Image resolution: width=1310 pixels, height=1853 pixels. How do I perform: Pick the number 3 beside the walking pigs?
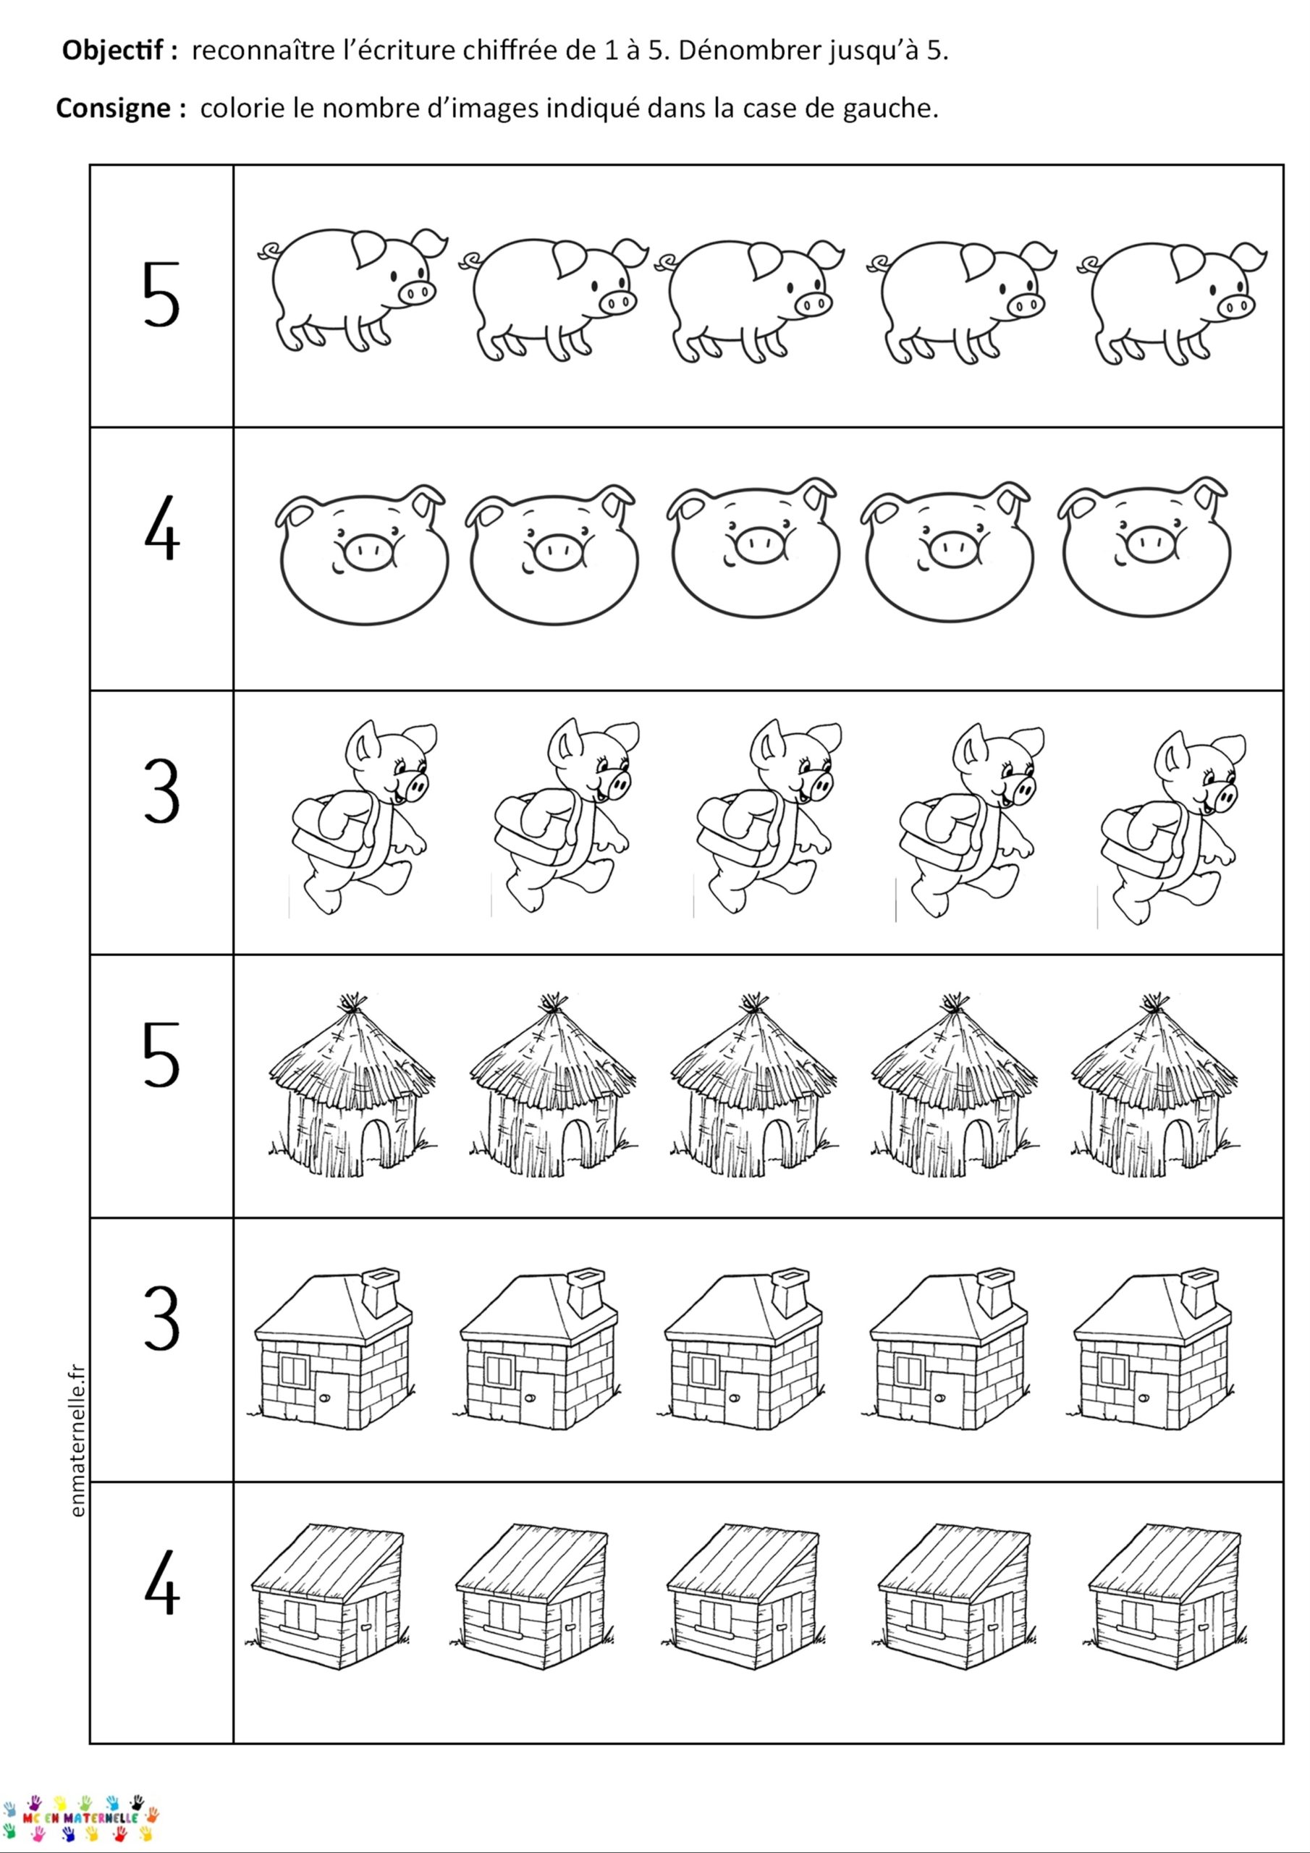(x=161, y=791)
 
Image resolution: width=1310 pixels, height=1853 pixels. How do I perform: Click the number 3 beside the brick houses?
(x=161, y=1318)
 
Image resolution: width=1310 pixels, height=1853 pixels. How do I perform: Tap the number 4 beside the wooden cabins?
(x=161, y=1582)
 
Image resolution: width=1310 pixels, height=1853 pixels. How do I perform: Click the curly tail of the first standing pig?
(x=268, y=252)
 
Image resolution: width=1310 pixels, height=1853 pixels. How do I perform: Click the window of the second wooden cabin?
(x=504, y=1616)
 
